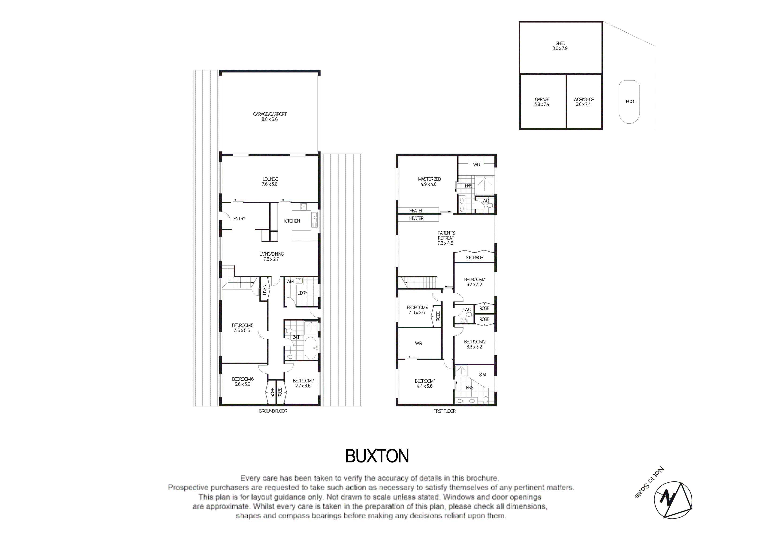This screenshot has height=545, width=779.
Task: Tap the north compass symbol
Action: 673,500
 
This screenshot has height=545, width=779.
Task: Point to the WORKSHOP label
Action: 584,99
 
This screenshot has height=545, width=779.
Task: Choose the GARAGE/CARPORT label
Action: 270,114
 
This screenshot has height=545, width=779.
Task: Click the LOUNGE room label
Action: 270,179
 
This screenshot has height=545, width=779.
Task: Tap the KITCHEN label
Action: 292,221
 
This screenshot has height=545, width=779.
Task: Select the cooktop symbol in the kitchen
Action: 303,206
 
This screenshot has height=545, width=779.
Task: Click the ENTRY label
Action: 239,219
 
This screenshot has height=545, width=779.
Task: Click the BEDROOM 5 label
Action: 243,325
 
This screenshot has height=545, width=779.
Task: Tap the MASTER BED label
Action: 429,179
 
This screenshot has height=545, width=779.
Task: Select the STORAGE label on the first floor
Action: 474,257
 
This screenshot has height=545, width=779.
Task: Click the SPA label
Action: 482,375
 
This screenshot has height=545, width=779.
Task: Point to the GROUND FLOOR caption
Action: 273,411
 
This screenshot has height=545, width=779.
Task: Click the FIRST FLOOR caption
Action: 444,411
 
